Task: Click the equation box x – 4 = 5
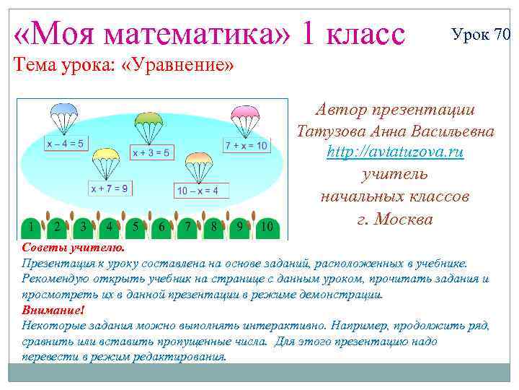(65, 143)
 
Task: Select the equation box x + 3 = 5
(151, 152)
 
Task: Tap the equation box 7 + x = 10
(246, 146)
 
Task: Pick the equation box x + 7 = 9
(110, 188)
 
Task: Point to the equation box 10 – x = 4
(201, 191)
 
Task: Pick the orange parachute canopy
(198, 160)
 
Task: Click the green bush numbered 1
(30, 227)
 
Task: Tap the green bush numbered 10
(267, 228)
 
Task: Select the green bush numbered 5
(135, 227)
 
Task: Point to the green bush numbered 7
(187, 227)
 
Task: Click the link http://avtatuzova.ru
(395, 152)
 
